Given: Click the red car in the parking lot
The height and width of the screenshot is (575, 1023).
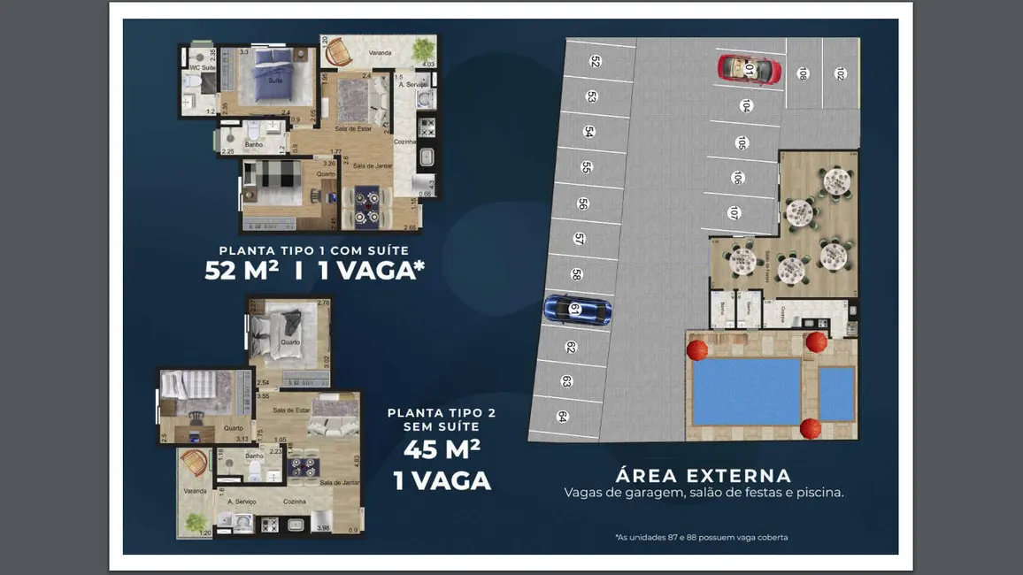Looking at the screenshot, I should tap(750, 69).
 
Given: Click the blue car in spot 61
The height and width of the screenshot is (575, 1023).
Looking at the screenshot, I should tap(577, 309).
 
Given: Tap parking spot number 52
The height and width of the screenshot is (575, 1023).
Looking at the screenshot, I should tap(596, 62).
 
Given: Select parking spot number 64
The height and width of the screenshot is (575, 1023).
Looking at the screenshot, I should tap(563, 417).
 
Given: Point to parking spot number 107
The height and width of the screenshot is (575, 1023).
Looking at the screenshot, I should tap(734, 213).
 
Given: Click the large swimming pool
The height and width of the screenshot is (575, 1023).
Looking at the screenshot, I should tap(746, 391).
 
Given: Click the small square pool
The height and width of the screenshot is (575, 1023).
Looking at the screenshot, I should tap(836, 393).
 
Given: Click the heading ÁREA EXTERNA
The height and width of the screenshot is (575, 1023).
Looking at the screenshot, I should tap(704, 476).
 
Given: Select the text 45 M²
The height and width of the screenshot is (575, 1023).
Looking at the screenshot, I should tap(442, 449).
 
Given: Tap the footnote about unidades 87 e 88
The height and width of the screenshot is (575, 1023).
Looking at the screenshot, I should tap(701, 537).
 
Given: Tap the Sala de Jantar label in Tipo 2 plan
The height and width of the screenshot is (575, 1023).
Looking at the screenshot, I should tap(339, 482).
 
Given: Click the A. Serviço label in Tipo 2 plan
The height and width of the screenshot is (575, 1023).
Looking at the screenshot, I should tap(241, 502).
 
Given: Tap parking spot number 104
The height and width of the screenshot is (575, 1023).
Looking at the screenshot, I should tap(746, 106).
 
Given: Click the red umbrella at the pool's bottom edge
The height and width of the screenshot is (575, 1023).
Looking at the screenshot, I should tap(810, 429).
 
